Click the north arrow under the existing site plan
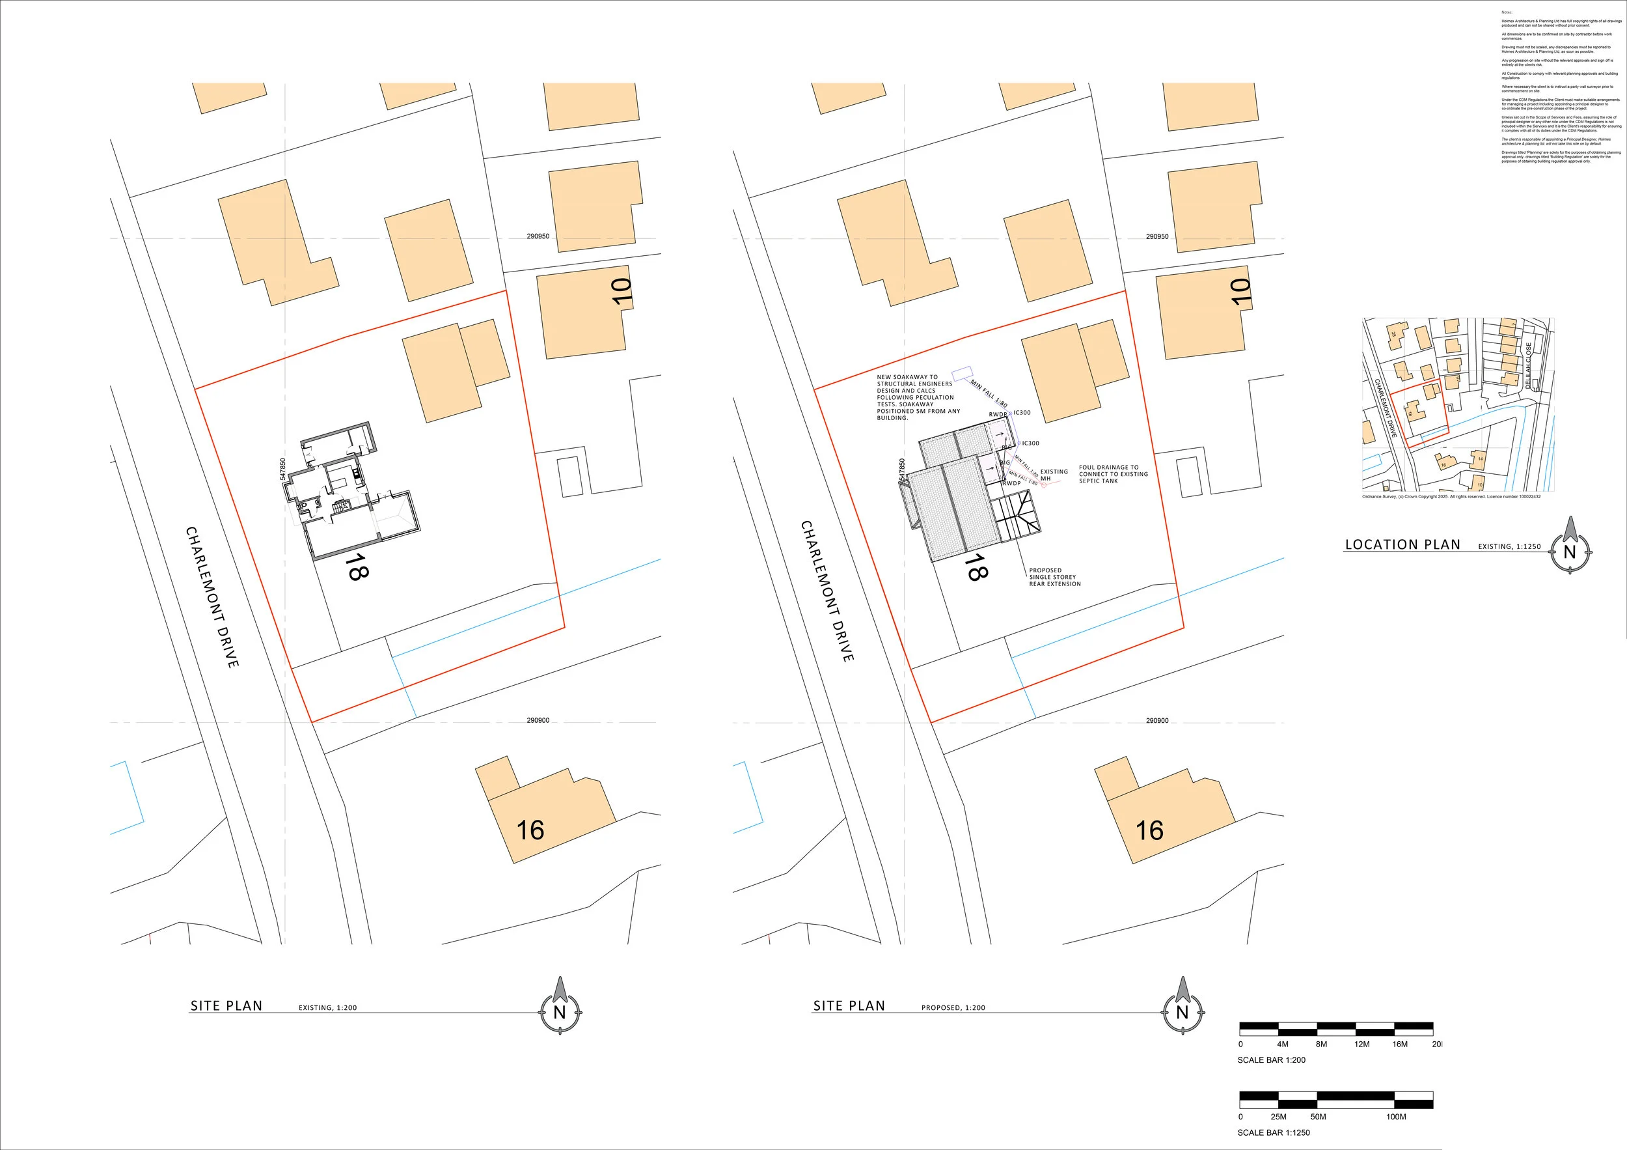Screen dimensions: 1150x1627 560,1011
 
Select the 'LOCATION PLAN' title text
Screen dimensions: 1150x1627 1402,544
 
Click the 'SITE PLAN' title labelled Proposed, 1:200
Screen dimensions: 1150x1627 849,1005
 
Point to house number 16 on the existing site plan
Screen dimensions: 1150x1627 530,830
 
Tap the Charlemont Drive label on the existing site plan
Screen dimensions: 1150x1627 212,596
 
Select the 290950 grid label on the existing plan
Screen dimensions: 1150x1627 538,236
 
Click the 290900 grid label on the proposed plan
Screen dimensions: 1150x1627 1157,720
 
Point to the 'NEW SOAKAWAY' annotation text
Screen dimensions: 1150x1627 918,397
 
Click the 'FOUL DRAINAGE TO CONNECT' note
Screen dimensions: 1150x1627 1112,474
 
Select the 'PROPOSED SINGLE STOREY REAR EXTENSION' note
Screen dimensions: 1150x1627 1054,577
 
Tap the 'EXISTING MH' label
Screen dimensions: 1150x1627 1053,474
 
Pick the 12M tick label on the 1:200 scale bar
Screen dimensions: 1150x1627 1362,1045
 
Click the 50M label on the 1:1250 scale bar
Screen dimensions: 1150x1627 1318,1117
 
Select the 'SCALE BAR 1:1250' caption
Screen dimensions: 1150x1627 1274,1132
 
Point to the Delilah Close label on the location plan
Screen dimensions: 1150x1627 1529,366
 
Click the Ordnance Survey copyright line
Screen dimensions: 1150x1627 1451,496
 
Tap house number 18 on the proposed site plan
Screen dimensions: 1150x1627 976,567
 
